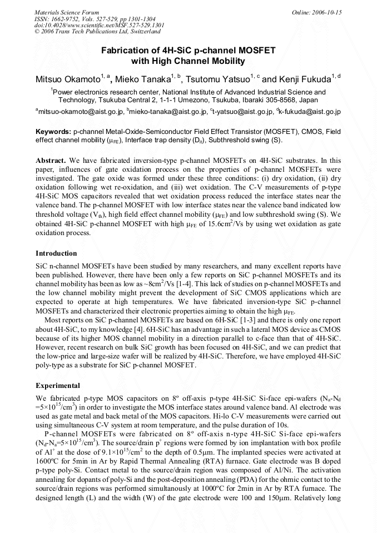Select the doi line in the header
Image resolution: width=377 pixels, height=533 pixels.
[99, 25]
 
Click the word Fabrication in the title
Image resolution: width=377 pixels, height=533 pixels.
[124, 50]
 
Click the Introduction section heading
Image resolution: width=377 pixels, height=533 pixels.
[56, 253]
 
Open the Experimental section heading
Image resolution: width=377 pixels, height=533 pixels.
[58, 385]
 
